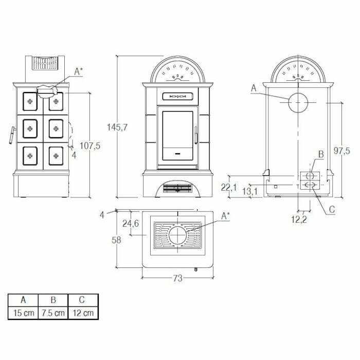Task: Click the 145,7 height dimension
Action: (118, 127)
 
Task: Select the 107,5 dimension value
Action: (91, 146)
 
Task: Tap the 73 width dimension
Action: (177, 278)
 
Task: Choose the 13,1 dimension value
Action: (250, 191)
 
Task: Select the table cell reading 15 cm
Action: (23, 313)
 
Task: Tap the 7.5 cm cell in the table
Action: (52, 313)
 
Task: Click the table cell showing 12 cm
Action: (82, 313)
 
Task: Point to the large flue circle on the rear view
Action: (298, 103)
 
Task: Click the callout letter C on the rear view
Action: (332, 209)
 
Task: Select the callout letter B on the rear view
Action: (320, 153)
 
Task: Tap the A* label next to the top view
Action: (225, 217)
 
